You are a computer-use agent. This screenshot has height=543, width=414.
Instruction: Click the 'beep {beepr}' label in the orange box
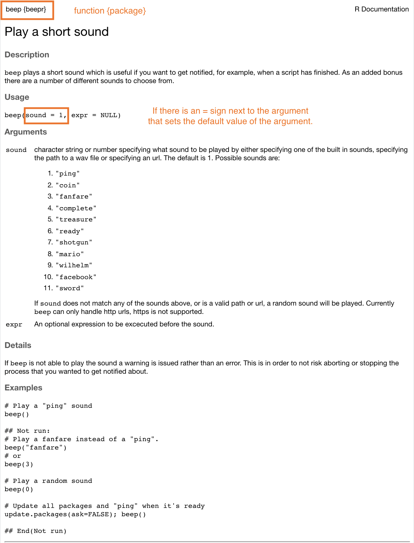point(26,9)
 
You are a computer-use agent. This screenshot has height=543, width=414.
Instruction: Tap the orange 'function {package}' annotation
point(110,11)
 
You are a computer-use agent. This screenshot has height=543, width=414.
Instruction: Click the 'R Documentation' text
point(381,9)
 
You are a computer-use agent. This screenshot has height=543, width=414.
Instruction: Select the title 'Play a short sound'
point(56,32)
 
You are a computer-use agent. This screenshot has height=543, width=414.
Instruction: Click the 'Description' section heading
point(27,55)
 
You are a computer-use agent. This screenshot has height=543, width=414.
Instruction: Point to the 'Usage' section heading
point(17,97)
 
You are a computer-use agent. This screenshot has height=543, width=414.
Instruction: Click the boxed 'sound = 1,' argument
point(46,115)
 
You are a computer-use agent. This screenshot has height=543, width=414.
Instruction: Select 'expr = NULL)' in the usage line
point(96,115)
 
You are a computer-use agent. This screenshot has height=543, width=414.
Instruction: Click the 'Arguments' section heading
point(25,132)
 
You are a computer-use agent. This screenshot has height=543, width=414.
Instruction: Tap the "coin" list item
point(67,185)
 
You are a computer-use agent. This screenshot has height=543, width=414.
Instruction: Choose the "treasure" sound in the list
point(76,219)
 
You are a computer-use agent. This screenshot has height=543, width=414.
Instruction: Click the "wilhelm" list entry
point(74,265)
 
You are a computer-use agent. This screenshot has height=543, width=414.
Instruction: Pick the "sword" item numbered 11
point(70,288)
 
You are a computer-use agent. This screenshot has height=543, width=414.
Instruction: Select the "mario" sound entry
point(70,254)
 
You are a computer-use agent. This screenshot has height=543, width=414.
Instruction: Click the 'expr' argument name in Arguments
point(14,324)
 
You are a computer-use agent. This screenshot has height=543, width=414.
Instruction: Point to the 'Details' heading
point(18,345)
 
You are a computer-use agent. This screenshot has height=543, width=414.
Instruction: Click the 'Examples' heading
point(23,388)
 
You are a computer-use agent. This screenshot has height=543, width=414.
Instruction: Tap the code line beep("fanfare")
point(35,448)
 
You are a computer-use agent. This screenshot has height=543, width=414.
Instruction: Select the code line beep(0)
point(19,489)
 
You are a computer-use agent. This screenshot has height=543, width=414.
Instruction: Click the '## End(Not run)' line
point(35,531)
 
